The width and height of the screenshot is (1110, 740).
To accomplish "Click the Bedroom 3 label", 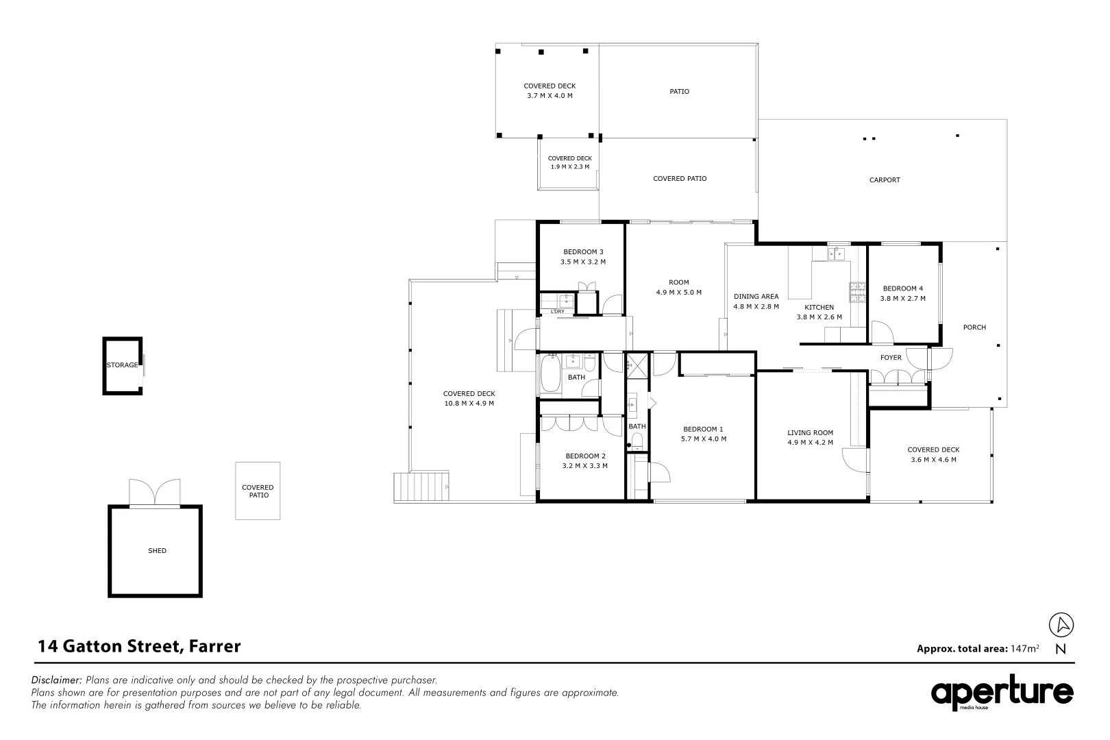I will point(582,251).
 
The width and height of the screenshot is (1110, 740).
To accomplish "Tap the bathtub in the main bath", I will point(550,373).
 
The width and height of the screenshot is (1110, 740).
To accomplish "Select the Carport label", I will point(884,180).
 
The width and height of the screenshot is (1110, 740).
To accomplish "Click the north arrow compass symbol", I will point(1061,625).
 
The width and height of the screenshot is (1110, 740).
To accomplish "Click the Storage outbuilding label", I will point(122,365).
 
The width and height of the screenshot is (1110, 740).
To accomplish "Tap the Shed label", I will point(157,551).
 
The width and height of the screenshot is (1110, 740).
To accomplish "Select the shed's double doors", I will point(156,492).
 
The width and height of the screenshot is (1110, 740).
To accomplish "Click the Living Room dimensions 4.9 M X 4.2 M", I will point(810,443).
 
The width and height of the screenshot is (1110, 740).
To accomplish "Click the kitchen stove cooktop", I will point(857,292).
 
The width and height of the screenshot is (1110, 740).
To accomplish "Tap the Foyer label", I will point(891,358).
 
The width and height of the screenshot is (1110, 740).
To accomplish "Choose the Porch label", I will point(974,328).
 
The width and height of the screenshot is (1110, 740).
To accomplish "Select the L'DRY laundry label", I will point(558,312).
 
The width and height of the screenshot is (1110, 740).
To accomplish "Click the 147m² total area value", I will point(1024,648).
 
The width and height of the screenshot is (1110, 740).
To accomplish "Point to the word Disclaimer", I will point(57,680).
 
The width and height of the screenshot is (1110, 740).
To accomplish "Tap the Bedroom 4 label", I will point(902,288).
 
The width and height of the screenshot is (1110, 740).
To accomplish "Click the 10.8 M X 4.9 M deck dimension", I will point(469,404).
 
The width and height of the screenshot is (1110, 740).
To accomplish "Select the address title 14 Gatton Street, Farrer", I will point(140,646).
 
